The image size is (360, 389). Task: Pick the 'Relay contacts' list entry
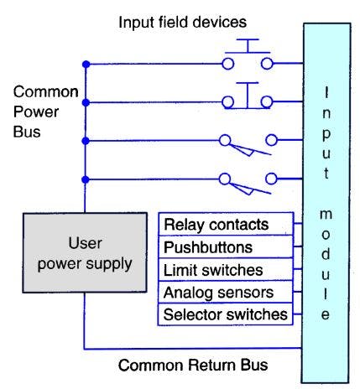click(x=216, y=225)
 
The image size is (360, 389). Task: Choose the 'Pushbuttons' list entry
click(x=207, y=247)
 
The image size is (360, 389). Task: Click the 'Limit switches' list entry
click(x=212, y=270)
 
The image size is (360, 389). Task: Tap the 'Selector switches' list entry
click(x=225, y=315)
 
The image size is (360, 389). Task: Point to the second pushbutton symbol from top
click(x=246, y=99)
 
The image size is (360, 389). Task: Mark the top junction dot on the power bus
click(x=85, y=64)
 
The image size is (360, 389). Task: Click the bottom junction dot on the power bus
click(x=85, y=179)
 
